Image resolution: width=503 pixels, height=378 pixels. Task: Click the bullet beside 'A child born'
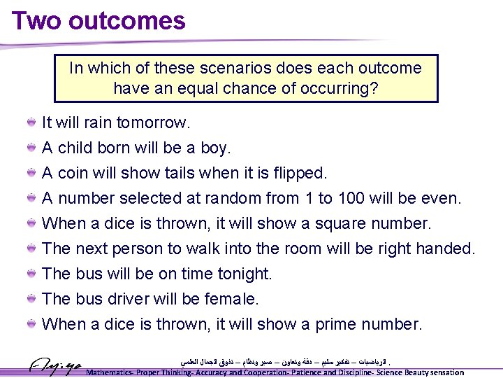(x=32, y=148)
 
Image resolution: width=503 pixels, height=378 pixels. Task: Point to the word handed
(x=445, y=249)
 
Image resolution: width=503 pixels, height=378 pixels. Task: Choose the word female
(x=231, y=300)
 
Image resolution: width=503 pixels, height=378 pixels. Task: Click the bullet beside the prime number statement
(x=32, y=325)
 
